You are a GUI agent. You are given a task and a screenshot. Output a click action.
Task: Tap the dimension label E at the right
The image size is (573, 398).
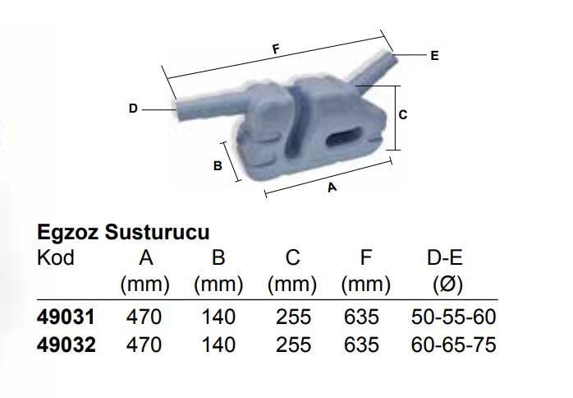434,56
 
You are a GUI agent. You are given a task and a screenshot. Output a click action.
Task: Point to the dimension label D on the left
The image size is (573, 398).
132,107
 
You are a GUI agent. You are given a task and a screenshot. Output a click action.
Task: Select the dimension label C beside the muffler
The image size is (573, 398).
402,116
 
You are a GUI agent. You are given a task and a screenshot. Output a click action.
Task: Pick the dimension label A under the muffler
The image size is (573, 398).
332,187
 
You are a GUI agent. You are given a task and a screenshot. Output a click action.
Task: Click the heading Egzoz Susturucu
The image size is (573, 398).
124,232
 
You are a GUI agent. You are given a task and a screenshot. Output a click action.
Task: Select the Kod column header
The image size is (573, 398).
56,257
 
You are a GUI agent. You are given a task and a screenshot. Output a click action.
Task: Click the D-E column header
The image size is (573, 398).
446,257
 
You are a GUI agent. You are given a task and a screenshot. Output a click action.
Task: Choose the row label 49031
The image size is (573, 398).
66,317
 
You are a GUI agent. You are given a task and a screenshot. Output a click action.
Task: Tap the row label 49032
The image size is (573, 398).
66,345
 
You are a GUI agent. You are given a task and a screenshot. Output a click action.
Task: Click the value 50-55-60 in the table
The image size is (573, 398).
453,317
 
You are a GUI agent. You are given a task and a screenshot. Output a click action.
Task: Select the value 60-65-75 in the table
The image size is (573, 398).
453,345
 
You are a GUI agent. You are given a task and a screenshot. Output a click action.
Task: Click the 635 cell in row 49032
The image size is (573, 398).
364,345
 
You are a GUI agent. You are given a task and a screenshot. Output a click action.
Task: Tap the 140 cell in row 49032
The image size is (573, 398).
218,345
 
